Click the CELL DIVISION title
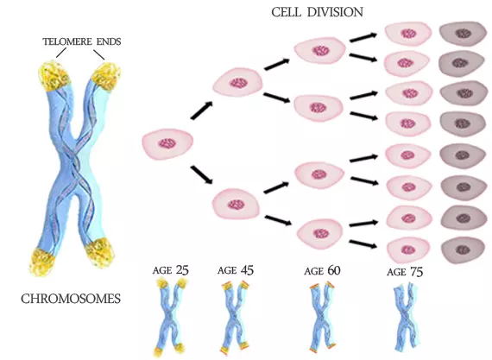pos(318,12)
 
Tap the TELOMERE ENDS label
pos(82,41)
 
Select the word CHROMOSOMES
pos(71,299)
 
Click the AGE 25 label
pos(171,270)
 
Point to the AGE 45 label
pos(236,270)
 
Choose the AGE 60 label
pos(322,270)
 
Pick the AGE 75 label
pos(405,272)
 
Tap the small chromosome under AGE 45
pos(236,318)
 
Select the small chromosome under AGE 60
pos(322,318)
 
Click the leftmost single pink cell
pos(167,143)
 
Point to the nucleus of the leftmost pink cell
pos(167,144)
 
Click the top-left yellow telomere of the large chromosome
pos(54,76)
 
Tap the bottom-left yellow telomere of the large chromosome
pos(42,262)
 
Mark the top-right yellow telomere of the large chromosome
pos(106,76)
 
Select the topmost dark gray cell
pos(462,34)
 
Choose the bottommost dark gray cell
pos(464,249)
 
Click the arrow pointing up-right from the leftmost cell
pos(202,111)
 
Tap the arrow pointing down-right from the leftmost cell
pos(202,175)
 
